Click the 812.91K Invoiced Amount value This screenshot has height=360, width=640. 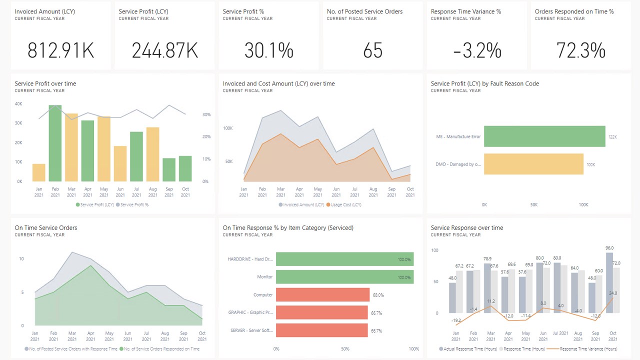point(60,50)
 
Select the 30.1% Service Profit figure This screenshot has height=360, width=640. point(268,50)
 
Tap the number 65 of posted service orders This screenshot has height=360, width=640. point(372,50)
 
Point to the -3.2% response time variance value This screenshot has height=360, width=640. point(477,50)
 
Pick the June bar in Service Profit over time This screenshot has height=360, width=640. point(120,163)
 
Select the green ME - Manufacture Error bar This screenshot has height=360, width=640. point(544,136)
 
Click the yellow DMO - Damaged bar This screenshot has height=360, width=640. point(533,164)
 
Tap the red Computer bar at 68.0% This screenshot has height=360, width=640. point(322,295)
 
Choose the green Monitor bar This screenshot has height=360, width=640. point(344,276)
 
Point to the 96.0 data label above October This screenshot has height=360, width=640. point(609,248)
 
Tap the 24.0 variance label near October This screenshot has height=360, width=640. point(612,293)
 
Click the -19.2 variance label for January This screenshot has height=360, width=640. point(455,320)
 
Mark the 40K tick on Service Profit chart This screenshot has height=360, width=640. point(18,104)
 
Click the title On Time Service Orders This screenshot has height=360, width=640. point(46,228)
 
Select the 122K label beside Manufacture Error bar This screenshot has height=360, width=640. point(612,136)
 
